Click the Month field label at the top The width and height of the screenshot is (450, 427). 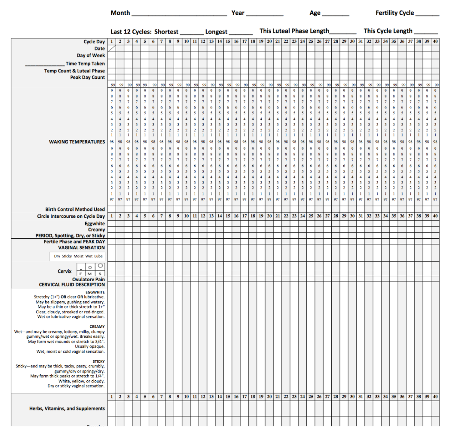(120, 13)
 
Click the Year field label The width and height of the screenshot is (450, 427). (238, 13)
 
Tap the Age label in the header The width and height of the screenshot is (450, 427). (315, 13)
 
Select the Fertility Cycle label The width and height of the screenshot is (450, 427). (394, 13)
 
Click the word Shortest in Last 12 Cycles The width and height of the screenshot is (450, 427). (166, 32)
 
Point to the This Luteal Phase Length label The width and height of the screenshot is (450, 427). (294, 31)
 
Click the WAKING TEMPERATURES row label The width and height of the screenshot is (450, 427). (77, 142)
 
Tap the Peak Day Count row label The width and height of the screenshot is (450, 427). (87, 78)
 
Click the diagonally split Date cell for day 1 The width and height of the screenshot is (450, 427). (112, 49)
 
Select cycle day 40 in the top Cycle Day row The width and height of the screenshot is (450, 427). (435, 41)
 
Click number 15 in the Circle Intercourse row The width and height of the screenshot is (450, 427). (228, 216)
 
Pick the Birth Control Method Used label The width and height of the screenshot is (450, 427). (75, 209)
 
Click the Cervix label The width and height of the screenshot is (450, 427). (64, 271)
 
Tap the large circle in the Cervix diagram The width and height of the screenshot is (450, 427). (100, 266)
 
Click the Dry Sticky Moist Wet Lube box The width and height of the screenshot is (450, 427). (78, 256)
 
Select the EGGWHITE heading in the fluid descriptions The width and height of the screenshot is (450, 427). (95, 292)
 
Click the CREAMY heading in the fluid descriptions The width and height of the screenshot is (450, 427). (97, 326)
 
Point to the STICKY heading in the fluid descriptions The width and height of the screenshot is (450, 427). (98, 361)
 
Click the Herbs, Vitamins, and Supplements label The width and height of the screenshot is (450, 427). (67, 408)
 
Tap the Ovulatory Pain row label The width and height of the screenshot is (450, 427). (88, 279)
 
